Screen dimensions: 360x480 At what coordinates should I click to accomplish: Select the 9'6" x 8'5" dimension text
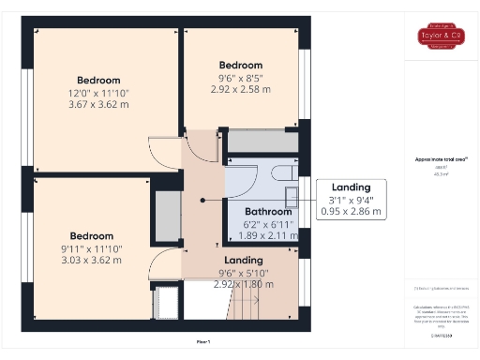[241, 78]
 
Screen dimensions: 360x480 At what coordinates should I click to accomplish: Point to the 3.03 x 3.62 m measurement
[91, 261]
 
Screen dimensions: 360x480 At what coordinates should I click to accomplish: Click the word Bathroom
[265, 211]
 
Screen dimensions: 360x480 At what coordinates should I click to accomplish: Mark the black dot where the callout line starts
[203, 200]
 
